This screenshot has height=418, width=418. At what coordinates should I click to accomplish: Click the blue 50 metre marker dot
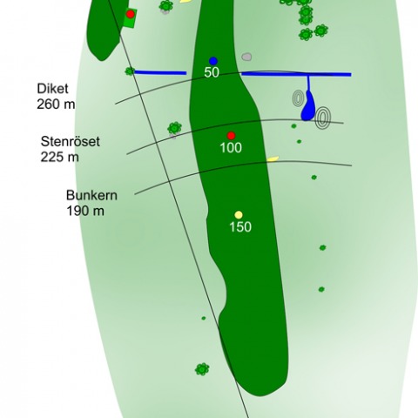coord(213,61)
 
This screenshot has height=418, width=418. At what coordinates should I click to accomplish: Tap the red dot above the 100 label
coord(231,136)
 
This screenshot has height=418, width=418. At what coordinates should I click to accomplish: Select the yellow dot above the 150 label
coord(239,215)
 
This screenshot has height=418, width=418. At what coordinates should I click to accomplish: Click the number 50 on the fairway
coord(212,72)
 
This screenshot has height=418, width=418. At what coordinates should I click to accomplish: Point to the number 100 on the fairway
coord(231,148)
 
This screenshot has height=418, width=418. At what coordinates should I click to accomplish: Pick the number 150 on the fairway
coord(240,226)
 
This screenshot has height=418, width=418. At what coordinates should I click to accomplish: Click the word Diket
coord(52,89)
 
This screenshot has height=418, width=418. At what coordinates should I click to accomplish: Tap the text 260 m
coord(56,104)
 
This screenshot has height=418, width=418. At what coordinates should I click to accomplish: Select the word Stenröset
coord(71,142)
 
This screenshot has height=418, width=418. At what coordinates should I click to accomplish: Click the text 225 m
coord(59,157)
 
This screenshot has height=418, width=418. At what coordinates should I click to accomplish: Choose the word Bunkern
coord(91,195)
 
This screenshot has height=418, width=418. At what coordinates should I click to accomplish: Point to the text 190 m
coord(85,211)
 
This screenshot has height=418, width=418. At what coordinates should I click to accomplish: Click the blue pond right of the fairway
coord(308,106)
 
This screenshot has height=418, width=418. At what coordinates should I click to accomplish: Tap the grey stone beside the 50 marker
coord(246,57)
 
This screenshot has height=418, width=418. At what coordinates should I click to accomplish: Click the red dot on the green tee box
coord(131,14)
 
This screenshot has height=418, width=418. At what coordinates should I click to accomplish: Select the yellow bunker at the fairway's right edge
coord(273,158)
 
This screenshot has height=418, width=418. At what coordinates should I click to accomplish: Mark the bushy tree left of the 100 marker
coord(174,128)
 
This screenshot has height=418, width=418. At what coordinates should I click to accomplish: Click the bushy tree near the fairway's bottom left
coord(202,369)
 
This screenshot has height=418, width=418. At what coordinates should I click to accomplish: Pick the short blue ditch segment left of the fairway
coord(160,72)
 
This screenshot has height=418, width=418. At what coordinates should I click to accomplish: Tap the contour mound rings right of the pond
coord(323,118)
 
